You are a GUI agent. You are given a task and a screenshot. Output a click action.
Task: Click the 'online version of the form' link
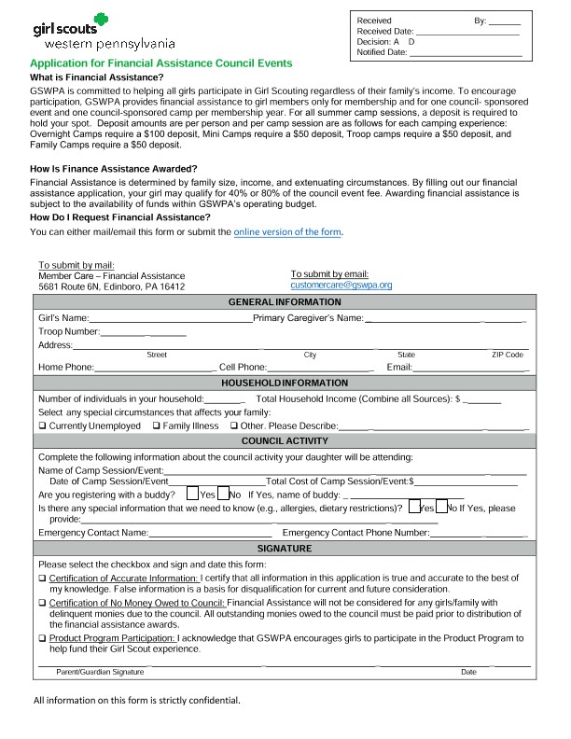(x=287, y=231)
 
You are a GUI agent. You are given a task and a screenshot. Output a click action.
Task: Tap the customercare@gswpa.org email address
(x=341, y=285)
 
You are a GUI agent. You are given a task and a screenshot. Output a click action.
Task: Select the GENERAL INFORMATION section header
(x=285, y=302)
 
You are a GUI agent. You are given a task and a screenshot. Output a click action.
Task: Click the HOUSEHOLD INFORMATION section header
(x=285, y=383)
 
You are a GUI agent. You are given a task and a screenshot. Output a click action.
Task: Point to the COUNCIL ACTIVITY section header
(x=285, y=440)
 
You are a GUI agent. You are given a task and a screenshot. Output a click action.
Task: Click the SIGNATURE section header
(x=285, y=549)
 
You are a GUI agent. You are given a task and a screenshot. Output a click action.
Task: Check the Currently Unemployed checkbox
(x=42, y=426)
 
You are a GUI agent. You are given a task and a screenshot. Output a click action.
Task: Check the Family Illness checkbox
(x=156, y=426)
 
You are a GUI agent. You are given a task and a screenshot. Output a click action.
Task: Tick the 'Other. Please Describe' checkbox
(x=233, y=426)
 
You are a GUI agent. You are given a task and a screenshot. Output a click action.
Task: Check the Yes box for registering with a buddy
(x=192, y=494)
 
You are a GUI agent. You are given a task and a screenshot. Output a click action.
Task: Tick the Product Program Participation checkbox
(x=42, y=638)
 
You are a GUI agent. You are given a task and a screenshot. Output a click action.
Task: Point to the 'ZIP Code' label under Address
(x=507, y=355)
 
